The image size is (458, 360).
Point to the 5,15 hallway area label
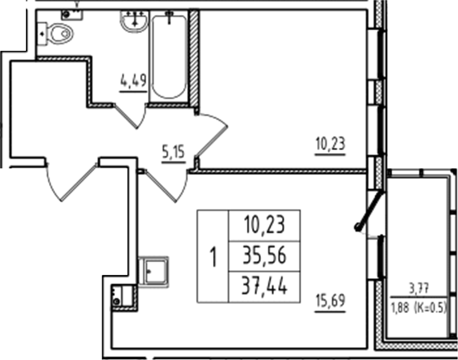point(173,151)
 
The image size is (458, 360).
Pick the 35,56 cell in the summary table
point(264,256)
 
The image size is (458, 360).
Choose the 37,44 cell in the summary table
point(264,287)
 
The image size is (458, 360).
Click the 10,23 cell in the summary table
point(264,226)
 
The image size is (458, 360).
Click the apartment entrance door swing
point(69,182)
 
